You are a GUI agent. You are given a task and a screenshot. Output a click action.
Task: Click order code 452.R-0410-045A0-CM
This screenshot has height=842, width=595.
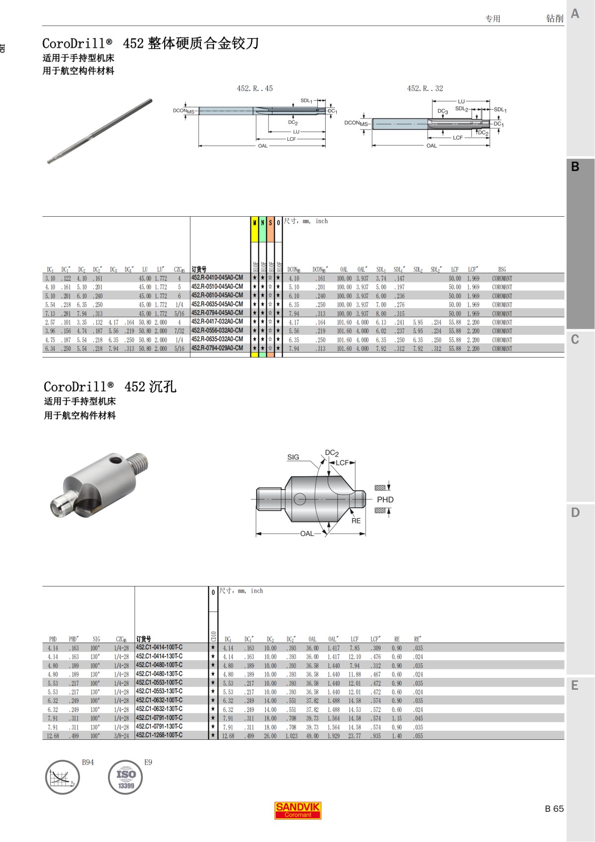[217, 278]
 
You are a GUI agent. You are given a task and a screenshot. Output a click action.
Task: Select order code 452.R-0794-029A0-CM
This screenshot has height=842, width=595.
[217, 348]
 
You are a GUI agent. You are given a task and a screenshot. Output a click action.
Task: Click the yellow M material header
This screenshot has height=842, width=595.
[255, 223]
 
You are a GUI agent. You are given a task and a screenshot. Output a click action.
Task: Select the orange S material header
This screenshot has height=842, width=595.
[270, 223]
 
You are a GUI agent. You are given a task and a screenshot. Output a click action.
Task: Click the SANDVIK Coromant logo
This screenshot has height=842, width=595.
[298, 810]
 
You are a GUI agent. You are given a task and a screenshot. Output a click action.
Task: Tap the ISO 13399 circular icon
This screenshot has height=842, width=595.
[125, 777]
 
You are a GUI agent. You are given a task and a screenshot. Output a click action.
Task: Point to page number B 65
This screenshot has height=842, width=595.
[554, 809]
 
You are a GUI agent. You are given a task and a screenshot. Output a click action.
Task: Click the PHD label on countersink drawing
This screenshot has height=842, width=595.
[385, 499]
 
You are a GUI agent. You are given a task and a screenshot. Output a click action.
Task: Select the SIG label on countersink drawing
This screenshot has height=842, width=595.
[293, 457]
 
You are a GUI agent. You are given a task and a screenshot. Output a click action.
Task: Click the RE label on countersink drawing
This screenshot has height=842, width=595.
[356, 521]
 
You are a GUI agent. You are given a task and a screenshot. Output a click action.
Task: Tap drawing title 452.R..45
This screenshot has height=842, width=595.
[254, 88]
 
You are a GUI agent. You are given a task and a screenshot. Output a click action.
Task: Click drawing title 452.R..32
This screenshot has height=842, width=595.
[425, 88]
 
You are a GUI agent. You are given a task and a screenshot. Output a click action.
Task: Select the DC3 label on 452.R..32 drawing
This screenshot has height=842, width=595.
[442, 112]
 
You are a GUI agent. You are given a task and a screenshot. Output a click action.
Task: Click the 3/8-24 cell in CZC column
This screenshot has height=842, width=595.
[121, 736]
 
